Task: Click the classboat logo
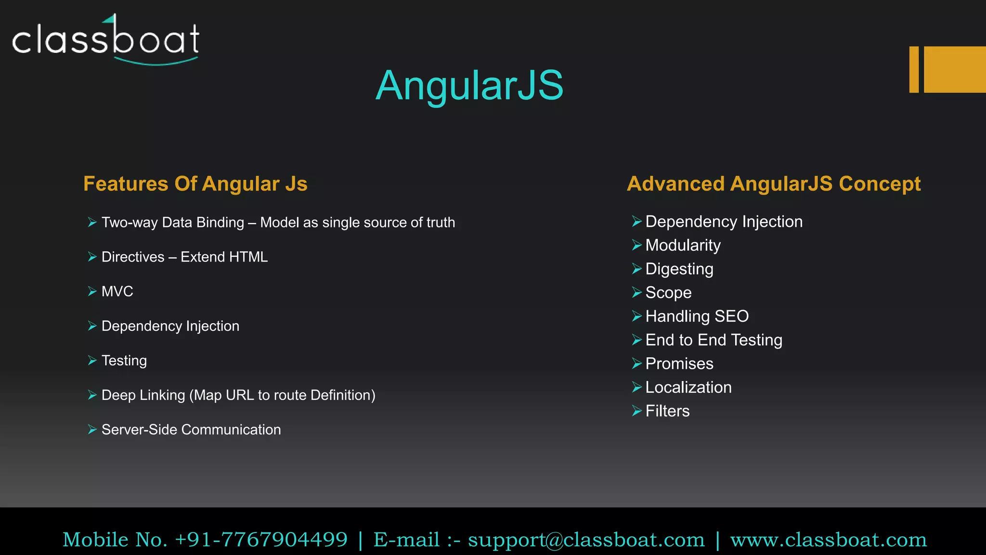click(106, 40)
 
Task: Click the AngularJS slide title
click(469, 85)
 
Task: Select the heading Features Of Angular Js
click(195, 184)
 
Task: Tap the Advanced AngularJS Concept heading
click(774, 184)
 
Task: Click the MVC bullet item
click(117, 291)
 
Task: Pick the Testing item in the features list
click(124, 361)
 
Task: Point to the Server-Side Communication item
click(191, 430)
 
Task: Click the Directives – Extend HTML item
click(184, 257)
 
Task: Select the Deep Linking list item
click(238, 396)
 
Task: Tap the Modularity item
click(683, 246)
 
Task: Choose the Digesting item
click(679, 269)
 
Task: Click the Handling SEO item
click(697, 317)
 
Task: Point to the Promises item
click(679, 364)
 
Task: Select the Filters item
click(667, 411)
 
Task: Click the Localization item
click(688, 388)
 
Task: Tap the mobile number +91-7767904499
click(261, 540)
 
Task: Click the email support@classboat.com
click(586, 540)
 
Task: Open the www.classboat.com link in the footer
click(828, 540)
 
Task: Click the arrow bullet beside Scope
click(636, 293)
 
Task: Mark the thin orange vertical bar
click(914, 69)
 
